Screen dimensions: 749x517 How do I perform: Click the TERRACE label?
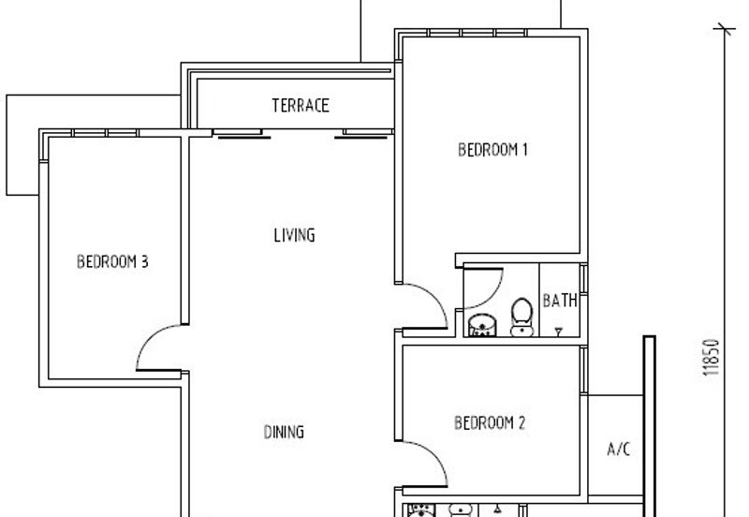tap(301, 106)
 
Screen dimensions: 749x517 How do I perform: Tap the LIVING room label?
tap(294, 235)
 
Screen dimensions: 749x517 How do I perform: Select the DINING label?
tap(284, 432)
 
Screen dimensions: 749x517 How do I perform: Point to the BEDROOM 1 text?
tap(492, 150)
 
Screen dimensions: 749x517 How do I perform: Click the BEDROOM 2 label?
tap(490, 422)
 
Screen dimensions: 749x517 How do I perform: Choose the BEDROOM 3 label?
tap(112, 261)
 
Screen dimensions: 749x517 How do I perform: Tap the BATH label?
tap(560, 301)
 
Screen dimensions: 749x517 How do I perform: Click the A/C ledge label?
tap(619, 450)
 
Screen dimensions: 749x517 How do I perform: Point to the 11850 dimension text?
tap(712, 357)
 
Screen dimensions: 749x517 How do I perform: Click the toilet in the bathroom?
tap(521, 318)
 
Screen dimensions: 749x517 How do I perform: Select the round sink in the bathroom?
tap(482, 325)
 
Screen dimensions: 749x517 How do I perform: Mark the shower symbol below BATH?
tap(558, 331)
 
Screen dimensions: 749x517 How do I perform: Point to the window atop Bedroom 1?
tap(477, 33)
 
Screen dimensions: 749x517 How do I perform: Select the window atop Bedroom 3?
tap(105, 133)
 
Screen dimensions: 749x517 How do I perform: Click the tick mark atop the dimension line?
tap(725, 30)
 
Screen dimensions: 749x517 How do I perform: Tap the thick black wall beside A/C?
tap(649, 426)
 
